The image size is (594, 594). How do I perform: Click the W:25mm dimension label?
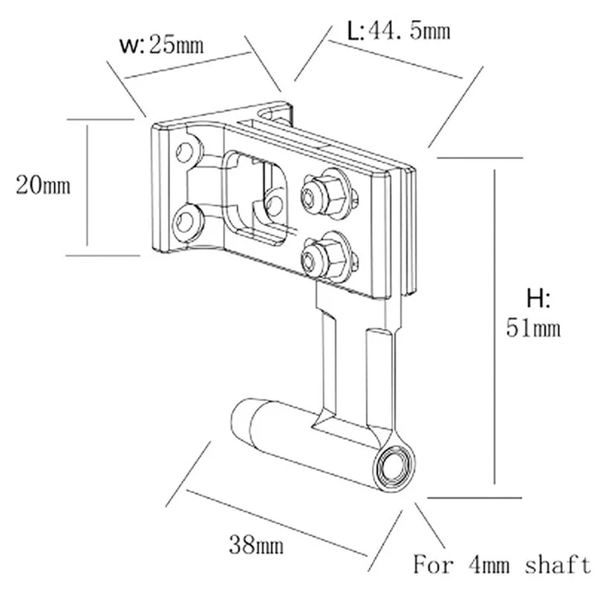(161, 45)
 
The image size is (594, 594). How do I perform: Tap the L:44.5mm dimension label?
(399, 30)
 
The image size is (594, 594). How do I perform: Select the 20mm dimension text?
(43, 186)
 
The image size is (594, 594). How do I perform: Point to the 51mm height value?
(533, 328)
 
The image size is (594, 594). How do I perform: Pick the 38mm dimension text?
(256, 546)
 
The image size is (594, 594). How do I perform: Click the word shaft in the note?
(558, 564)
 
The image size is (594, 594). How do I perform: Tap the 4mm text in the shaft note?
(489, 565)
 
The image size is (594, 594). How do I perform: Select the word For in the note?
(433, 564)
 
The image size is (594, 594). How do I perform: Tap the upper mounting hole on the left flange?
(185, 151)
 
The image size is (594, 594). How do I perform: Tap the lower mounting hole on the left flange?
(184, 222)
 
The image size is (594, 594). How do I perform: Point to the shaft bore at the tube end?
(393, 466)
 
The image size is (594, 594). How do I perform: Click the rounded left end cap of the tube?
(243, 421)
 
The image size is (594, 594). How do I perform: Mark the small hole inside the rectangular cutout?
(274, 206)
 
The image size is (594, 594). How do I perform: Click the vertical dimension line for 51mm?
(495, 327)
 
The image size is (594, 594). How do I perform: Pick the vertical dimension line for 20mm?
(87, 186)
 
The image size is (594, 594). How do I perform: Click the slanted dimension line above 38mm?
(277, 523)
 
